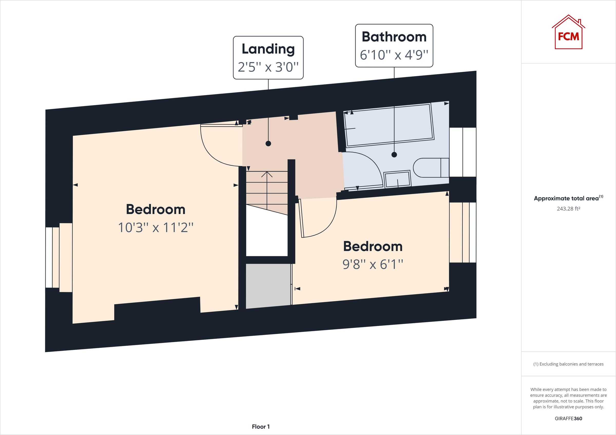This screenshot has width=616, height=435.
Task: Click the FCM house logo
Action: (x=568, y=33)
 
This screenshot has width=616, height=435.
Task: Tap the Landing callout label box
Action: (x=268, y=58)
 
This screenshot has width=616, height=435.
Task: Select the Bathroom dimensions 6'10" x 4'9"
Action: (x=393, y=55)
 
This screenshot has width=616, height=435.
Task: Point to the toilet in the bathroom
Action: (x=429, y=167)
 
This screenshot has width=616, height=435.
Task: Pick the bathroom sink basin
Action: (x=398, y=179)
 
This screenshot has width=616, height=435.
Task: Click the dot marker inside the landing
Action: (x=268, y=144)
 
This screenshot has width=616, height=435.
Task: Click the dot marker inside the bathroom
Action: (x=394, y=155)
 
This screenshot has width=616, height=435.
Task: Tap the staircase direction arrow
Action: (x=267, y=175)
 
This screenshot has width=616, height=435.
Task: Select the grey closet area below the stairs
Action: (x=268, y=286)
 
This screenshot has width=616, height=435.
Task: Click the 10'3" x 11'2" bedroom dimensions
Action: (x=156, y=228)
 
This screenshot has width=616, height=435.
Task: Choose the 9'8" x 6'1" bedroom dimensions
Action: (x=373, y=265)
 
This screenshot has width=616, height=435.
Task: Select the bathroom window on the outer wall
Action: (x=463, y=152)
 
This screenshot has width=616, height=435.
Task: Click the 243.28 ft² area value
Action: (x=568, y=208)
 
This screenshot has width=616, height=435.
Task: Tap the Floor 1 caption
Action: (x=261, y=427)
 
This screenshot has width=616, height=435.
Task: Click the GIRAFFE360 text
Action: (x=568, y=418)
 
